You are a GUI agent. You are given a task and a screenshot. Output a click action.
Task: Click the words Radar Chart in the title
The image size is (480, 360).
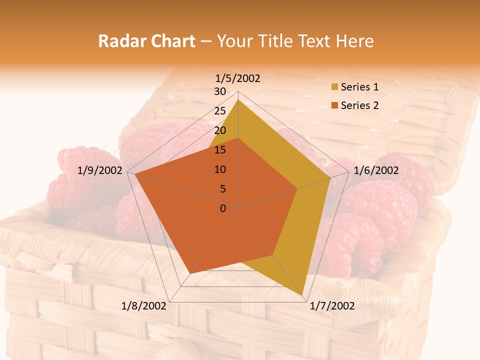[x=146, y=41]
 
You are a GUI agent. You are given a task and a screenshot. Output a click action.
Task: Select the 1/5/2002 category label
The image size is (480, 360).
[x=238, y=78]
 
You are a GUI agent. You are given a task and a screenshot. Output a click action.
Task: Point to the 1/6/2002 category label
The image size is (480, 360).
[x=376, y=170]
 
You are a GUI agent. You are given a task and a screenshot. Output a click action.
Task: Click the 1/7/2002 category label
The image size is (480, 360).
[x=332, y=306]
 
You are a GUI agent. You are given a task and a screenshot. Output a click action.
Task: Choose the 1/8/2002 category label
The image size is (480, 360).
[x=144, y=306]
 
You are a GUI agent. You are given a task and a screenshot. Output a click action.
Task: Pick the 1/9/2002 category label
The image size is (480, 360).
[x=100, y=170]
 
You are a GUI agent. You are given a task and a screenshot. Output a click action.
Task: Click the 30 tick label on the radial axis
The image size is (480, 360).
[x=220, y=91]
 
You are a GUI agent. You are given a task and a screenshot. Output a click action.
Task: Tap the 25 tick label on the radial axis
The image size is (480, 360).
[x=220, y=111]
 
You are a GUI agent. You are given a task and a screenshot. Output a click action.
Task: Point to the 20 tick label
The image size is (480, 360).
[x=220, y=130]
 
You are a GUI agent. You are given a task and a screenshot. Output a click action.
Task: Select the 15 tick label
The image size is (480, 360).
[x=220, y=150]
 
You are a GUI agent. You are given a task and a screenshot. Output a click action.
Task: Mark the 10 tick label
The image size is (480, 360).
[x=220, y=169]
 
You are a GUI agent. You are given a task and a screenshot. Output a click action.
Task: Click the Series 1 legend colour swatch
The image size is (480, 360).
[x=334, y=87]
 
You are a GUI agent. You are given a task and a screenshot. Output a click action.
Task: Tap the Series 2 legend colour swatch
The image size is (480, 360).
[x=334, y=105]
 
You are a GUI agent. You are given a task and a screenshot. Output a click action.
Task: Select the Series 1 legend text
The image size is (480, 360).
[x=359, y=87]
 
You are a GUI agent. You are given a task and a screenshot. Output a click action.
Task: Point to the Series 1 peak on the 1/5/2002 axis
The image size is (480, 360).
[x=238, y=100]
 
